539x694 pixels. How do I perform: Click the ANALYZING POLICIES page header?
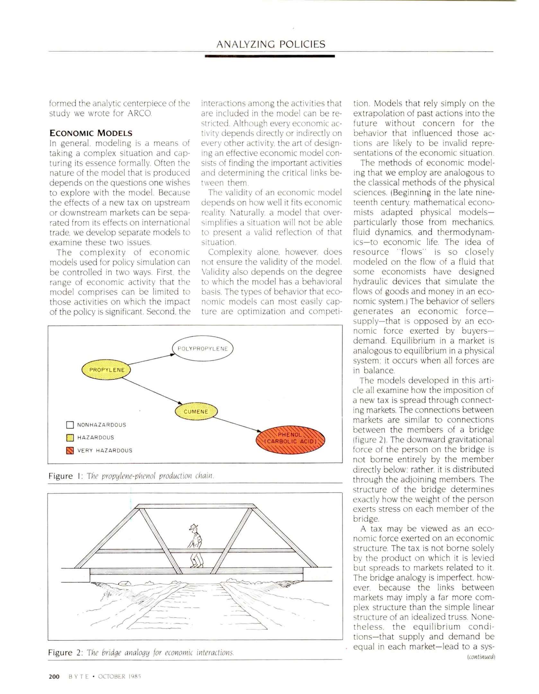click(x=271, y=44)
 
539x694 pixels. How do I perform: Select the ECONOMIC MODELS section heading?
click(x=91, y=133)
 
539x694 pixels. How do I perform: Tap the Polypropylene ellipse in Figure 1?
click(x=202, y=349)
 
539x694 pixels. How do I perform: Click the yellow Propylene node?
click(x=106, y=370)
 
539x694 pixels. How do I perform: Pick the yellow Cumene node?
click(x=196, y=412)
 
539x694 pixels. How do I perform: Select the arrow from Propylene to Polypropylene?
click(x=151, y=360)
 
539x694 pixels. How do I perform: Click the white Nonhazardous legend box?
click(x=70, y=425)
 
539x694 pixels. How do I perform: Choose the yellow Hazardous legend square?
click(x=70, y=438)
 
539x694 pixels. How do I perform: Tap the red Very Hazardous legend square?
click(x=70, y=450)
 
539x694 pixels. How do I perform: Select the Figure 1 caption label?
click(x=66, y=476)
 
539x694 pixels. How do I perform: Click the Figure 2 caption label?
click(x=66, y=653)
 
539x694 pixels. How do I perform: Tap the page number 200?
click(x=54, y=677)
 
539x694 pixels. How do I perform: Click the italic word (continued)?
click(x=481, y=657)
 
